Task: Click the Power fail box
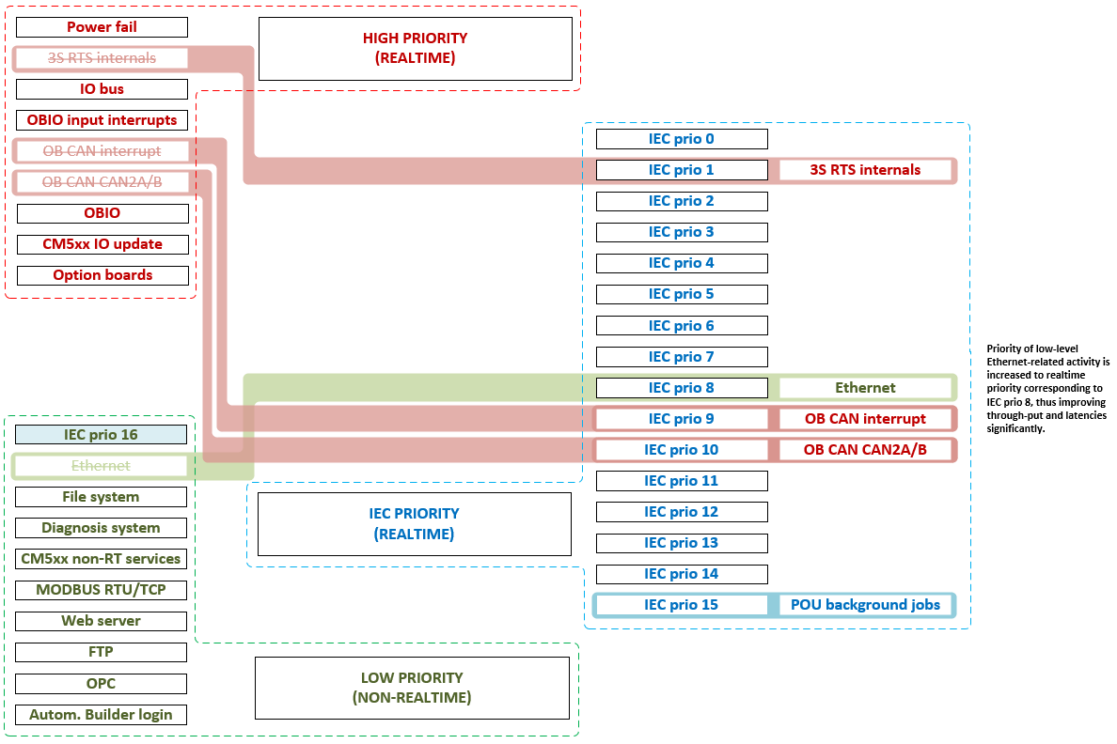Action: click(x=102, y=27)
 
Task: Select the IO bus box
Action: click(x=102, y=89)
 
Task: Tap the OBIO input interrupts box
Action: click(x=102, y=120)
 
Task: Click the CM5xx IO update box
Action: click(x=102, y=244)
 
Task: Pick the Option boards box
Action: click(x=102, y=275)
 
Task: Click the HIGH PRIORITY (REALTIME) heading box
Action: click(x=415, y=48)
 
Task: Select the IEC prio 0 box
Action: click(x=681, y=139)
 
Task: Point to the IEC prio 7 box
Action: click(x=681, y=357)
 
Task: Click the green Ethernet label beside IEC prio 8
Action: click(x=865, y=388)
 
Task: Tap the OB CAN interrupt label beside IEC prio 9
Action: click(x=865, y=419)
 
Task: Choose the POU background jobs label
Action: click(x=865, y=605)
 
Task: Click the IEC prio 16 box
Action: click(x=102, y=434)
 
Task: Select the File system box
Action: click(x=102, y=497)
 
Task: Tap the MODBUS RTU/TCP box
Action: click(x=102, y=590)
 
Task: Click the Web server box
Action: click(x=102, y=621)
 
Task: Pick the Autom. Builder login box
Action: click(x=102, y=714)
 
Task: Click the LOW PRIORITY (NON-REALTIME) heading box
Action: click(x=412, y=688)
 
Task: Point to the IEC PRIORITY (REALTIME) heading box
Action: click(x=414, y=523)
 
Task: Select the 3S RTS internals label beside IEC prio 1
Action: click(x=865, y=170)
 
